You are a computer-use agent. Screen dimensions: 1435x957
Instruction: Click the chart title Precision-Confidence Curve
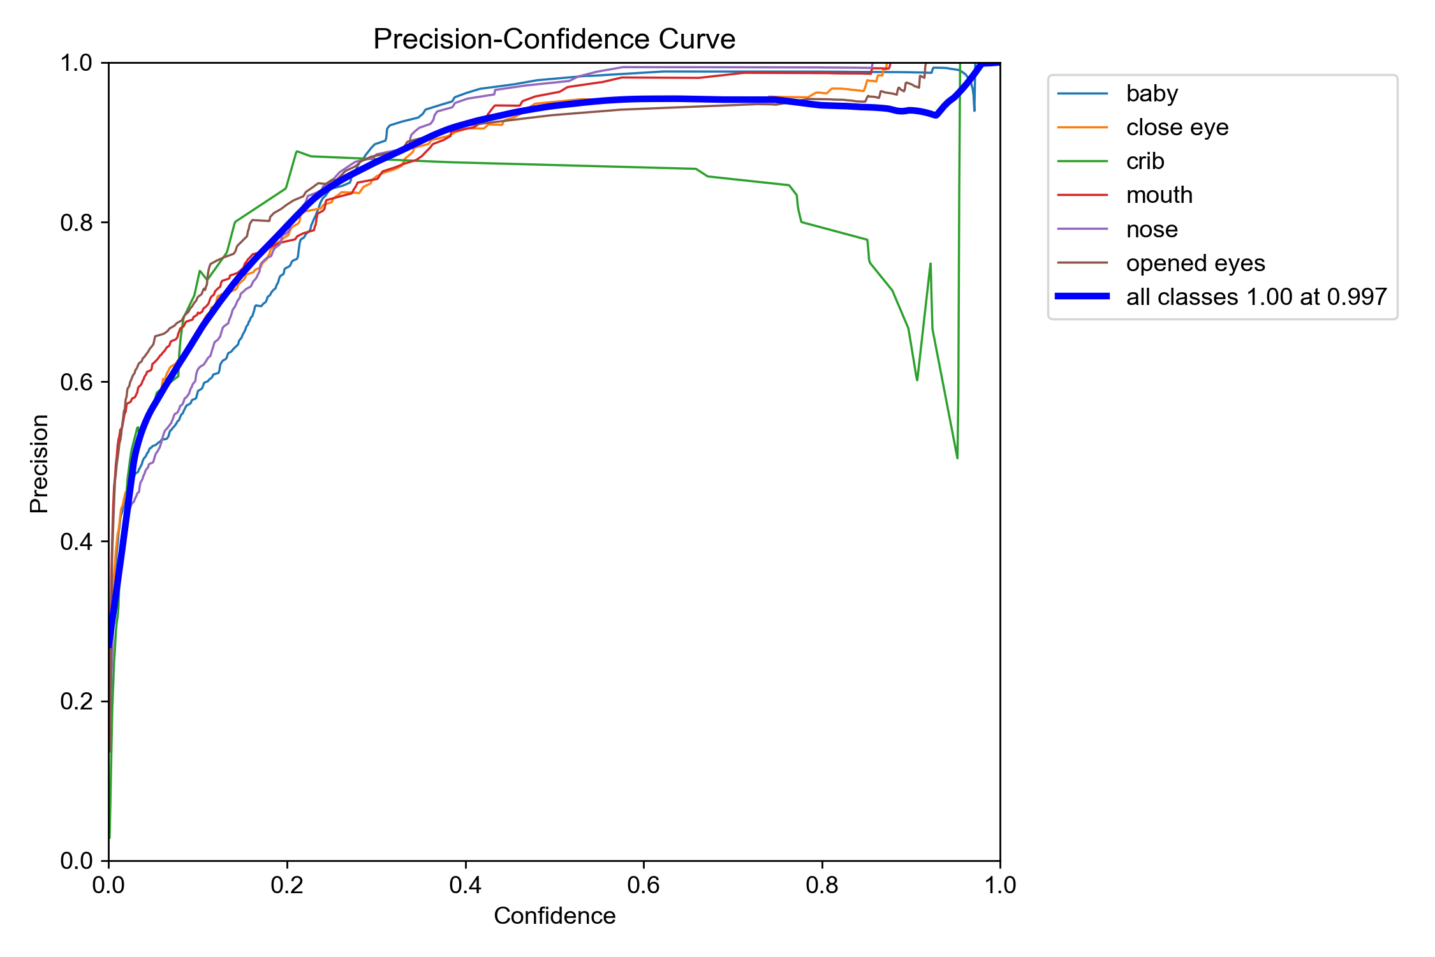[554, 39]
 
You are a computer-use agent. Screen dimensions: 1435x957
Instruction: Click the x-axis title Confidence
[554, 916]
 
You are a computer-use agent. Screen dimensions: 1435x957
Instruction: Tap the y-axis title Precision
[39, 464]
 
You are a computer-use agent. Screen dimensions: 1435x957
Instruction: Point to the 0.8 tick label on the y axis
[76, 223]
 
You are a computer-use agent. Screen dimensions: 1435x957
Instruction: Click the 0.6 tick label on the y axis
[76, 382]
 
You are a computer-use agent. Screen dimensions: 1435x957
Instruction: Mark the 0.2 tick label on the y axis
[76, 701]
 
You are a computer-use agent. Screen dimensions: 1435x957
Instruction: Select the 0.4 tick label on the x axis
[466, 885]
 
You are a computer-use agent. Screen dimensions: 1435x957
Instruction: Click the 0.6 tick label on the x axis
[644, 885]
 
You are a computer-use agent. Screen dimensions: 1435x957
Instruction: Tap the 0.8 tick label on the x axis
[822, 885]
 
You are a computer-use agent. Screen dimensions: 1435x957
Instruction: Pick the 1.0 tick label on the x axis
[1000, 885]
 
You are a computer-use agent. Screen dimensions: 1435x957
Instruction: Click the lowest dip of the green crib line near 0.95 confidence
[957, 458]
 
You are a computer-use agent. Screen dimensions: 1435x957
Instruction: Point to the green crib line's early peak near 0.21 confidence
[297, 151]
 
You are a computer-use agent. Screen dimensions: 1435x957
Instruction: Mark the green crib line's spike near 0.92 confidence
[931, 263]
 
